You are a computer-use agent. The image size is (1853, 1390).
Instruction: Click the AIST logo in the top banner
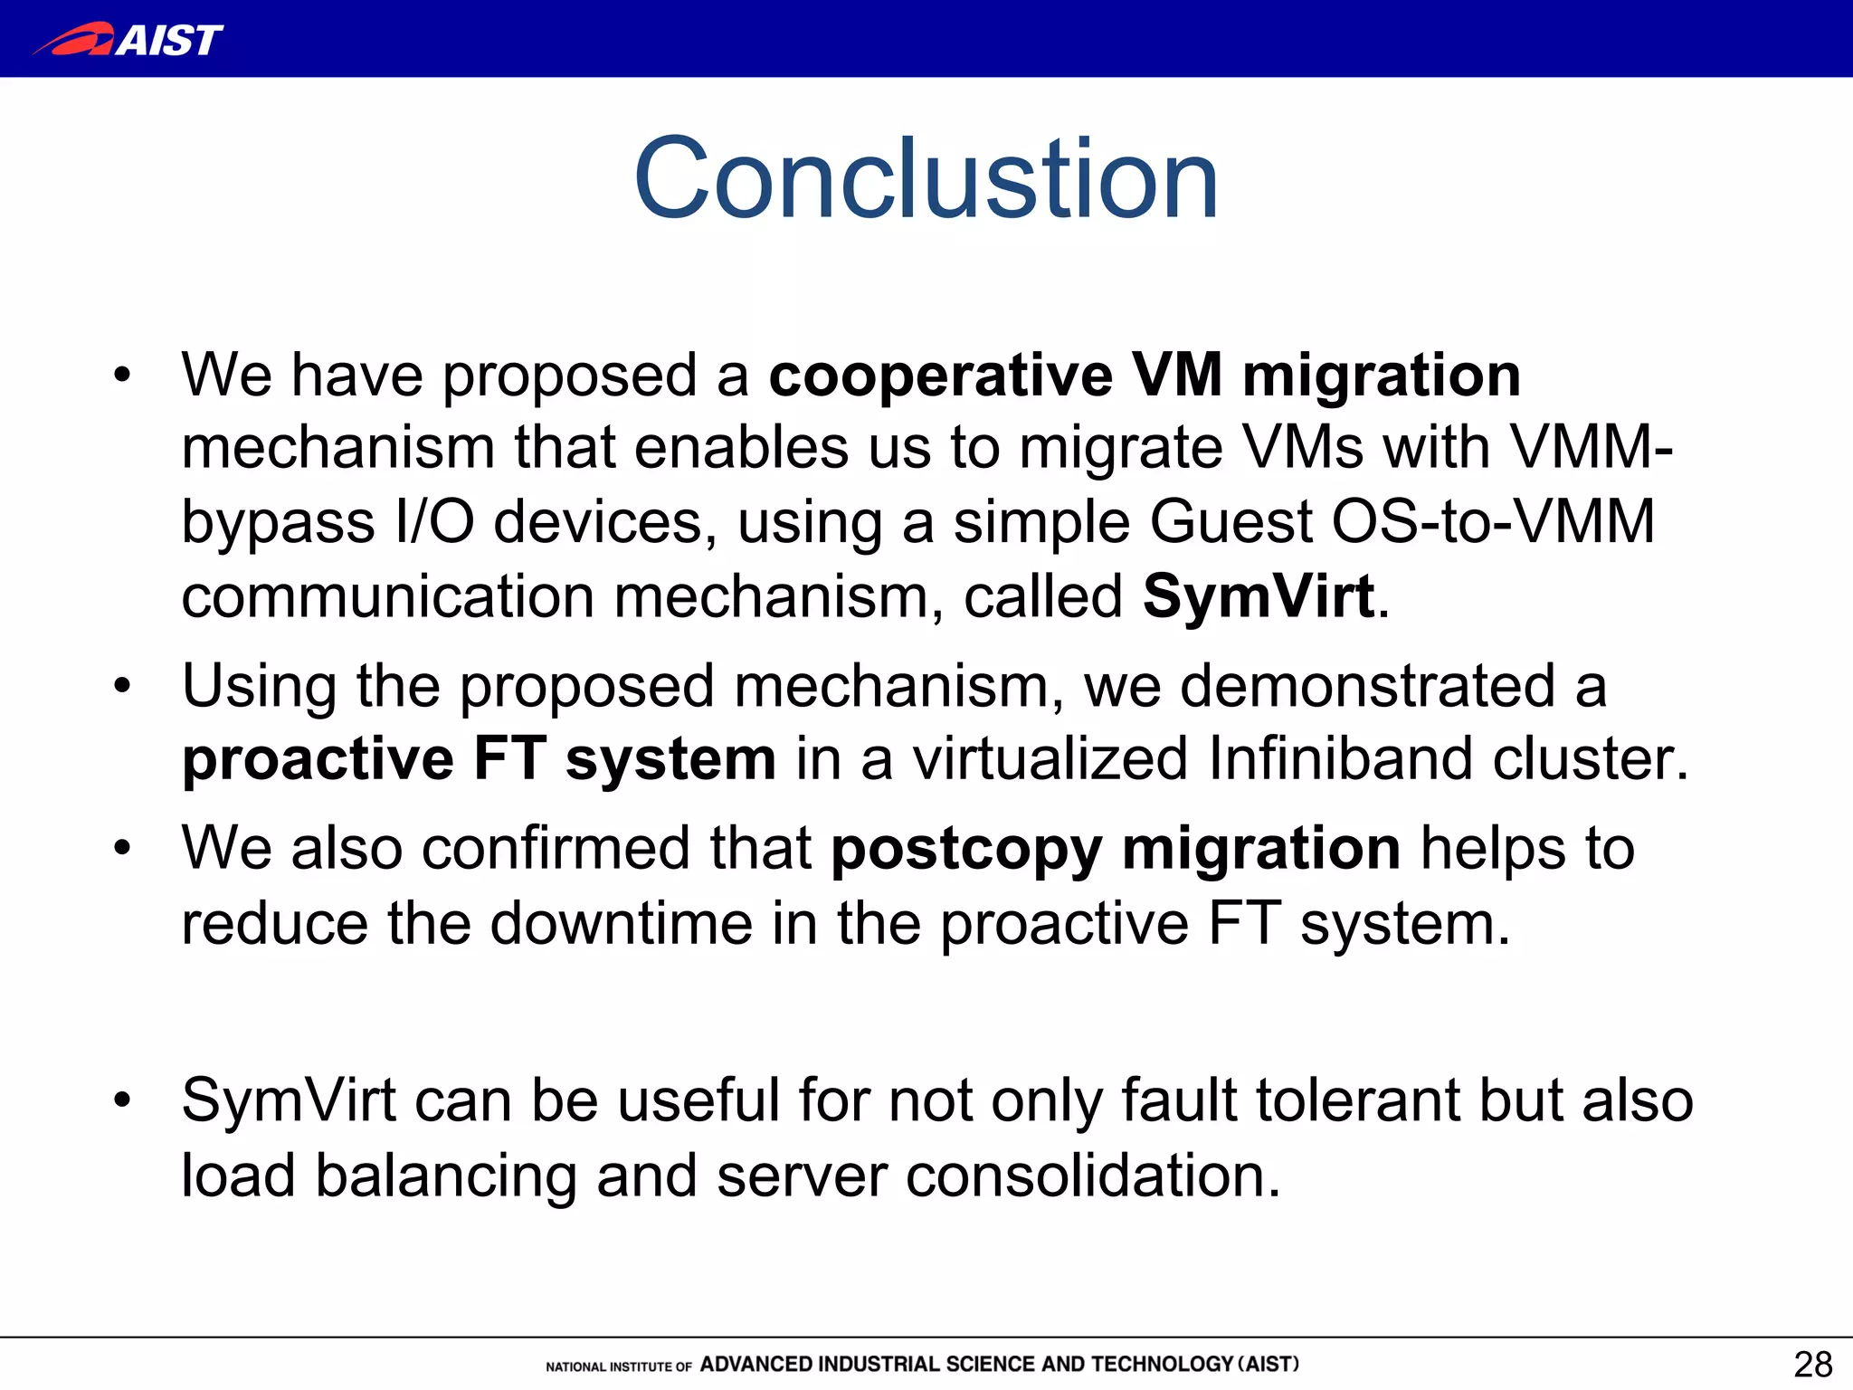tap(128, 40)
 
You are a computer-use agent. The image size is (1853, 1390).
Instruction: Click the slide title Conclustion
tap(926, 178)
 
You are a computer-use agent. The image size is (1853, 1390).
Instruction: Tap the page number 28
tap(1812, 1364)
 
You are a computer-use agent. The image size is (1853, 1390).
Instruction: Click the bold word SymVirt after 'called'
tap(1259, 597)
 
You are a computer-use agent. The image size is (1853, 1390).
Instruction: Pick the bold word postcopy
tap(966, 850)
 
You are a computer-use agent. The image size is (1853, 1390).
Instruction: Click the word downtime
tap(621, 924)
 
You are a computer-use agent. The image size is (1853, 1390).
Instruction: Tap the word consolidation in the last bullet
tap(1092, 1176)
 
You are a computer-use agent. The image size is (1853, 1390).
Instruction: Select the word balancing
tap(445, 1176)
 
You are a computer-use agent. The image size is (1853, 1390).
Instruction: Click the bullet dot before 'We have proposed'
tap(122, 375)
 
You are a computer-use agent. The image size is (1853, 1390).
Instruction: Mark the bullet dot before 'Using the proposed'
tap(122, 685)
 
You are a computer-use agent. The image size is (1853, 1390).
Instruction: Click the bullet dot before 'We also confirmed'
tap(122, 849)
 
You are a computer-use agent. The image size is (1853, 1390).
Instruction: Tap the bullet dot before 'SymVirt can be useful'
tap(122, 1100)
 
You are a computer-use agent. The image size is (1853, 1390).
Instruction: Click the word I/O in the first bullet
tap(434, 522)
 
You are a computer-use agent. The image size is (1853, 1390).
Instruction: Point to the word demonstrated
tap(1367, 685)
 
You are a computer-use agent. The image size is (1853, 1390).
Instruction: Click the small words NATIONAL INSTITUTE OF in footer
tap(619, 1366)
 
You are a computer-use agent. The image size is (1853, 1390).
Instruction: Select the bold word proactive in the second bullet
tap(318, 759)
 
